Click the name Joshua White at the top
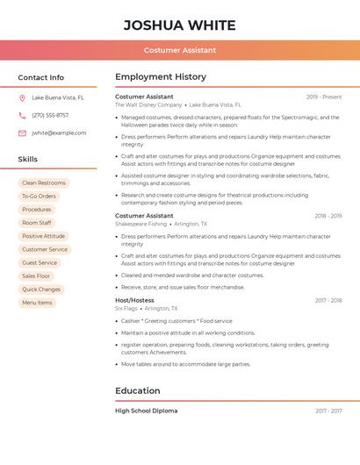180,24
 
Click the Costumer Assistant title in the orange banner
180,50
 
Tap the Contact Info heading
41,77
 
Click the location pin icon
22,97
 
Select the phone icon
22,115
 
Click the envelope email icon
22,133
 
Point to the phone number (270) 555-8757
50,115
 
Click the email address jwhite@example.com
59,133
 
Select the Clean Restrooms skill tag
44,182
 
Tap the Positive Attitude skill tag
43,236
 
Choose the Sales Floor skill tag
37,275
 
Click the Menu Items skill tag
37,303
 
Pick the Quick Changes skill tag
41,290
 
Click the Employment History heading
161,76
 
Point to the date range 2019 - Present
323,97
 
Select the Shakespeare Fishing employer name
140,224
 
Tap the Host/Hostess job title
134,300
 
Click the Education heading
138,390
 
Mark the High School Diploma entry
146,411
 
